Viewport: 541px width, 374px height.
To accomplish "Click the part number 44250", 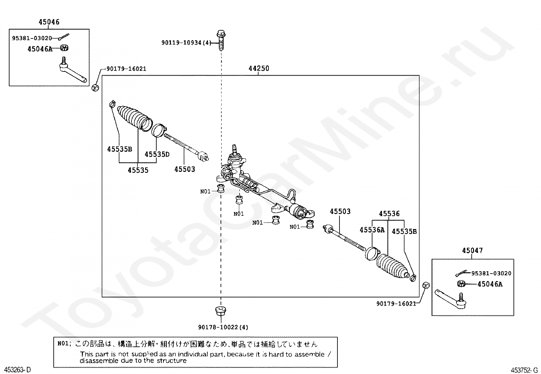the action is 259,68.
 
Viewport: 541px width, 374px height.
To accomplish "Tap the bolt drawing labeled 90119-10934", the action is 220,40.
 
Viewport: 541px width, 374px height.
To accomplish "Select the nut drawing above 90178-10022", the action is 221,311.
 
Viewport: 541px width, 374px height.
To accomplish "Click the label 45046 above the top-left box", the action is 49,22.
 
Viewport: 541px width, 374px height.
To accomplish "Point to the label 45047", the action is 472,251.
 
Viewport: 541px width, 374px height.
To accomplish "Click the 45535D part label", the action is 157,155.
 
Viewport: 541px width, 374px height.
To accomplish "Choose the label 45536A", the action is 372,230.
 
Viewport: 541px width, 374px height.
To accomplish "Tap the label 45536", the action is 389,214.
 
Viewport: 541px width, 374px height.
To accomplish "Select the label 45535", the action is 138,170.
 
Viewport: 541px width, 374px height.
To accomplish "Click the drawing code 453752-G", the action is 524,370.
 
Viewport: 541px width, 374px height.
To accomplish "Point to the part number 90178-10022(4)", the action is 223,327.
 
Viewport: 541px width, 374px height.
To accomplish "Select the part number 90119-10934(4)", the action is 186,43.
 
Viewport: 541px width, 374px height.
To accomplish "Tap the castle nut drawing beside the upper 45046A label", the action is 64,48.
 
